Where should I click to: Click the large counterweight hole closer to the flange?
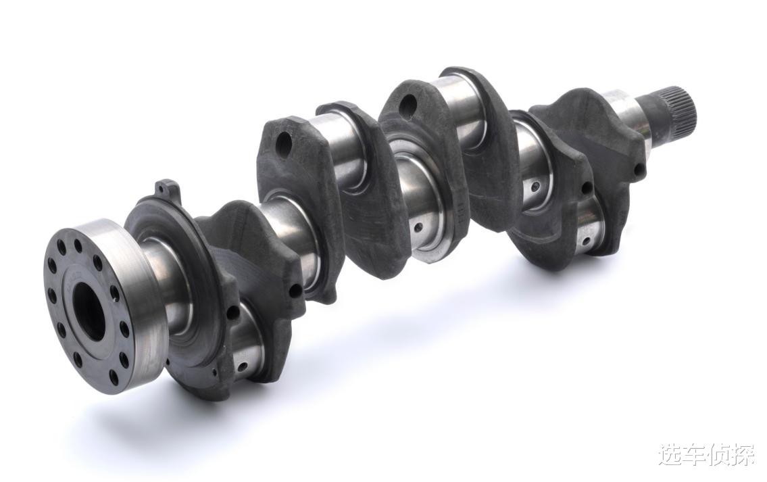[x=284, y=141]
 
